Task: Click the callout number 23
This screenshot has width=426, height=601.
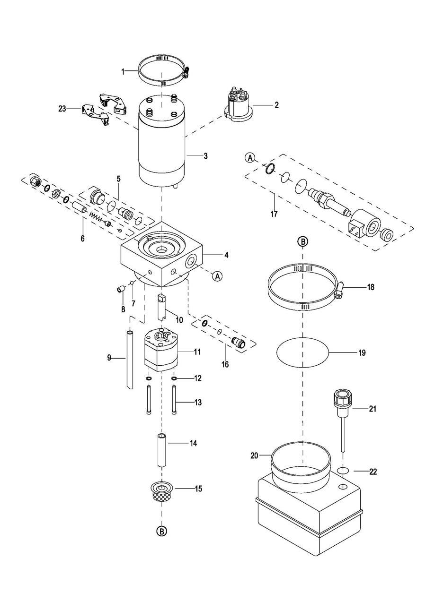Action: (x=62, y=109)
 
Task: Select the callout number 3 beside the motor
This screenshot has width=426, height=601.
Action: (x=205, y=156)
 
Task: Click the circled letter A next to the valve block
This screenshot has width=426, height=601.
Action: (x=218, y=275)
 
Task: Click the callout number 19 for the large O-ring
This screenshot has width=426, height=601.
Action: (x=362, y=353)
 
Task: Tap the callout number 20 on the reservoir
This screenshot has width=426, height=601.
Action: (x=254, y=455)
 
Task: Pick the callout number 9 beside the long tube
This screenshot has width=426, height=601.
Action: (x=109, y=358)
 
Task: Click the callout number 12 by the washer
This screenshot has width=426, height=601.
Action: (x=197, y=378)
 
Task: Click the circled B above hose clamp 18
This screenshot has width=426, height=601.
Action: (x=303, y=242)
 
